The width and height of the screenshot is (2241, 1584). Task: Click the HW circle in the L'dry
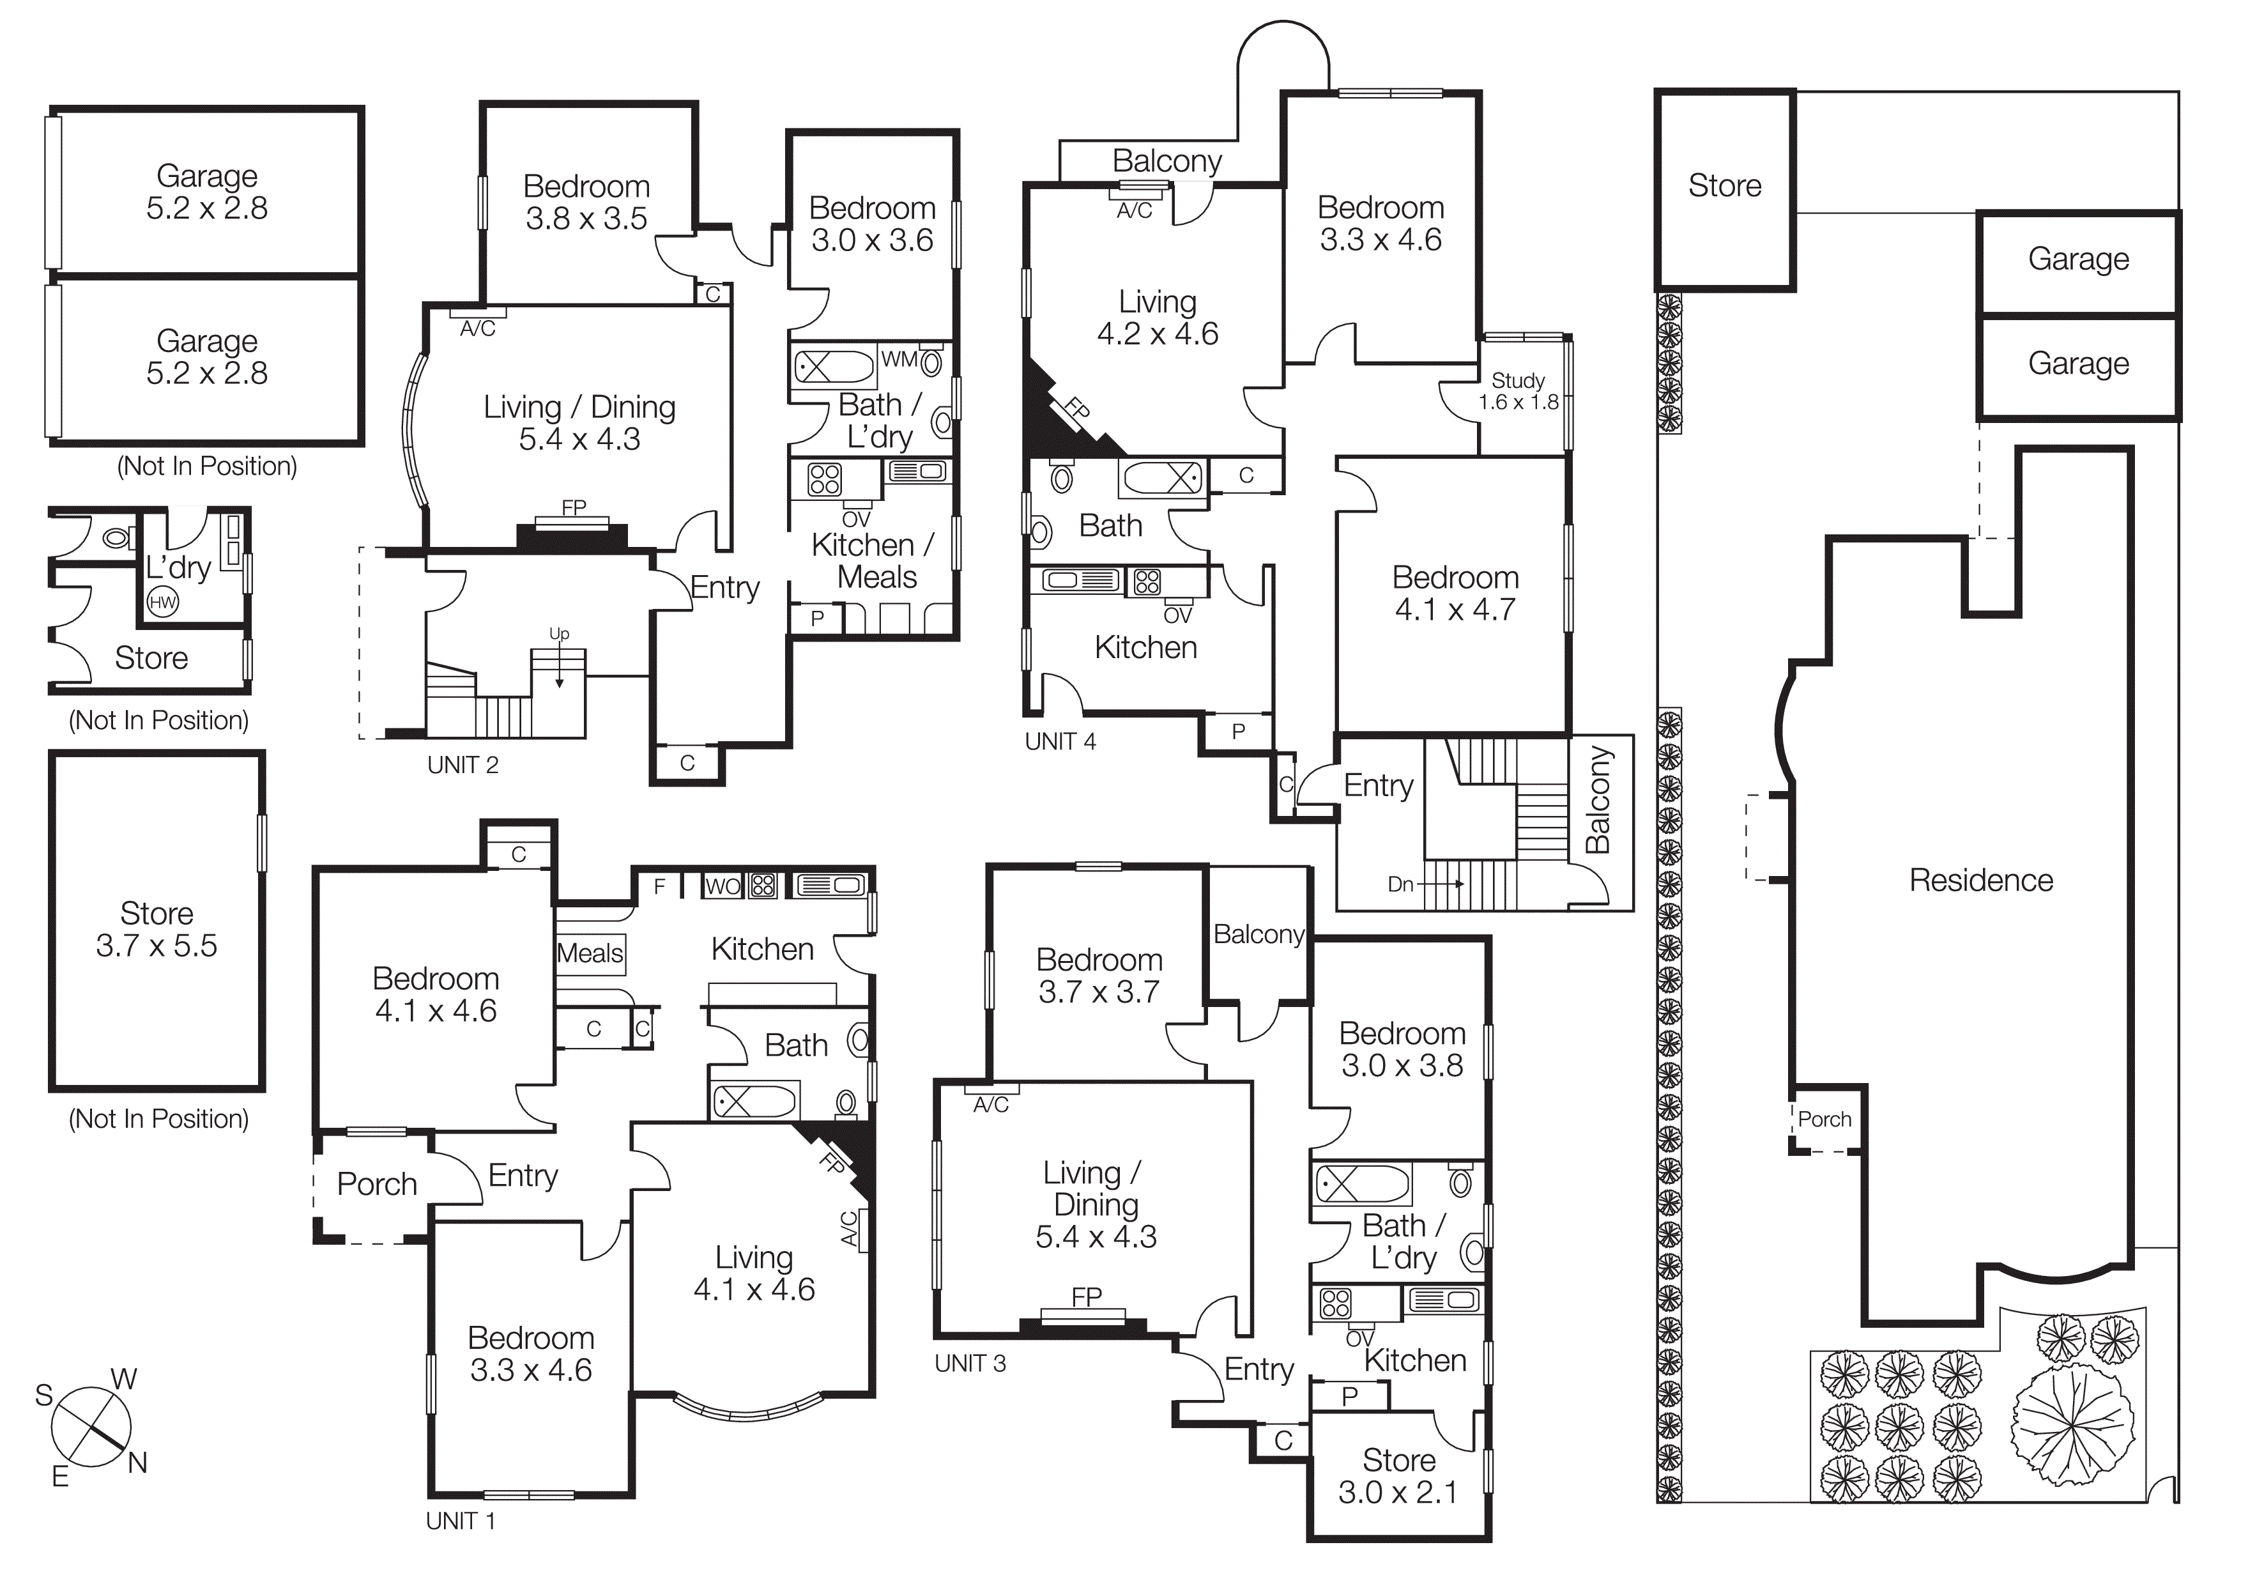click(162, 602)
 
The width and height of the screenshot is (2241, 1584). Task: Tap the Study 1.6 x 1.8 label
click(1518, 391)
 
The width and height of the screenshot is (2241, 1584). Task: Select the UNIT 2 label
click(463, 765)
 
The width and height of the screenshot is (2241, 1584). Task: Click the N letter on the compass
click(137, 1463)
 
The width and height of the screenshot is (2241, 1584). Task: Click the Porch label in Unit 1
click(377, 1184)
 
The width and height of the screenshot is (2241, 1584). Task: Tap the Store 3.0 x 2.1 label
click(1398, 1475)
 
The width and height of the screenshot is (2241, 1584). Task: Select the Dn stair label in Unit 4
click(1400, 884)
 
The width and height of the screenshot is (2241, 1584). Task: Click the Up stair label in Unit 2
click(558, 633)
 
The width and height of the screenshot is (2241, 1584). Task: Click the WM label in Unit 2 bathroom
click(898, 359)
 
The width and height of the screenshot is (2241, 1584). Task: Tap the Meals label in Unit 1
click(590, 953)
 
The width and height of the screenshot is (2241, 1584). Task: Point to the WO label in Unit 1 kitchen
click(723, 886)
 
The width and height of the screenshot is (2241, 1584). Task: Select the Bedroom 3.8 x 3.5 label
click(586, 202)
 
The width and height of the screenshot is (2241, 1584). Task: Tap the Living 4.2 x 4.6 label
click(1158, 317)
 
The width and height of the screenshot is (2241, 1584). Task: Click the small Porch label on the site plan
click(1824, 1119)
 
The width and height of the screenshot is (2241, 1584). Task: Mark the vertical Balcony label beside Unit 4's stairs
click(1598, 799)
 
